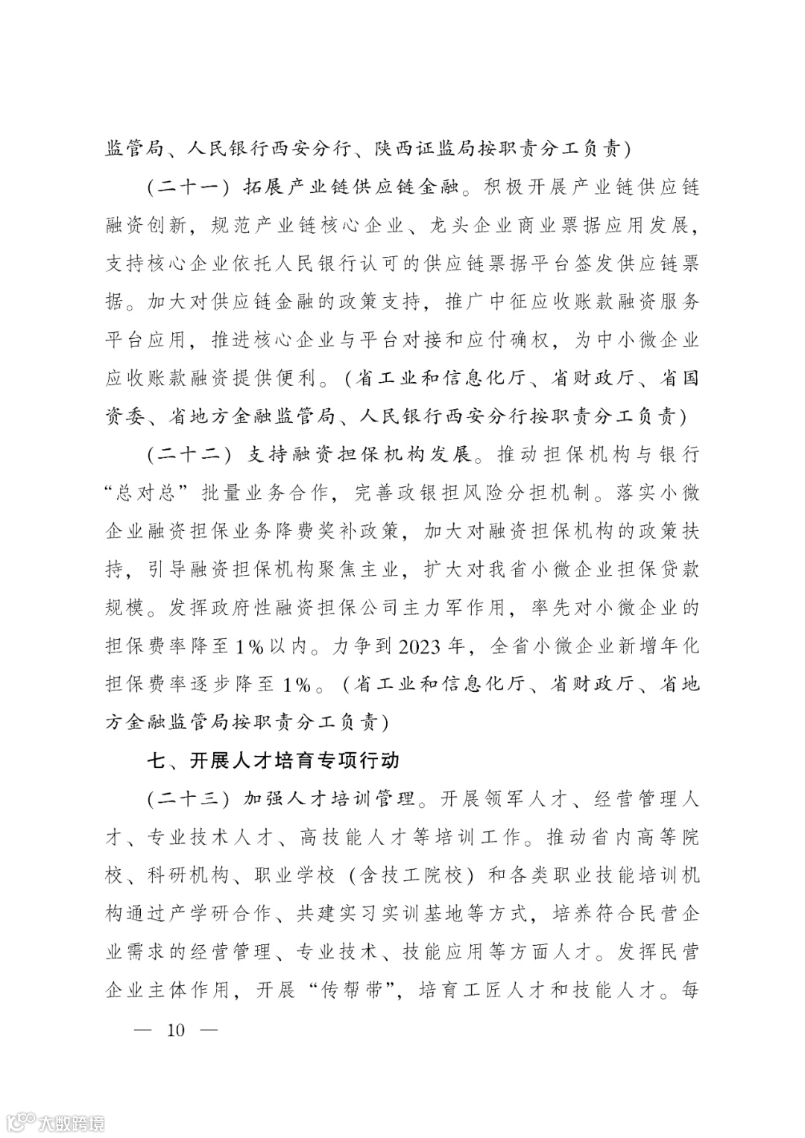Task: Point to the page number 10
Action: click(x=177, y=1030)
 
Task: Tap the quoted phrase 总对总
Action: click(x=155, y=492)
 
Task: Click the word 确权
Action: click(x=530, y=340)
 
